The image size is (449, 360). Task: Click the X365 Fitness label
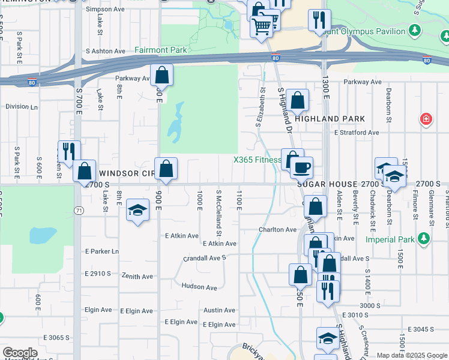click(x=257, y=160)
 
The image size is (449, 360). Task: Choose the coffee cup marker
click(x=302, y=166)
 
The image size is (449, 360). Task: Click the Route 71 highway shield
click(x=79, y=210)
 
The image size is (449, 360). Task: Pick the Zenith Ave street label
click(x=137, y=277)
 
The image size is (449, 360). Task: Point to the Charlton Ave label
click(x=277, y=229)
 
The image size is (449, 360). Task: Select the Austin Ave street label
click(x=219, y=310)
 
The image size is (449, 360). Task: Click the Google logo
click(x=19, y=353)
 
